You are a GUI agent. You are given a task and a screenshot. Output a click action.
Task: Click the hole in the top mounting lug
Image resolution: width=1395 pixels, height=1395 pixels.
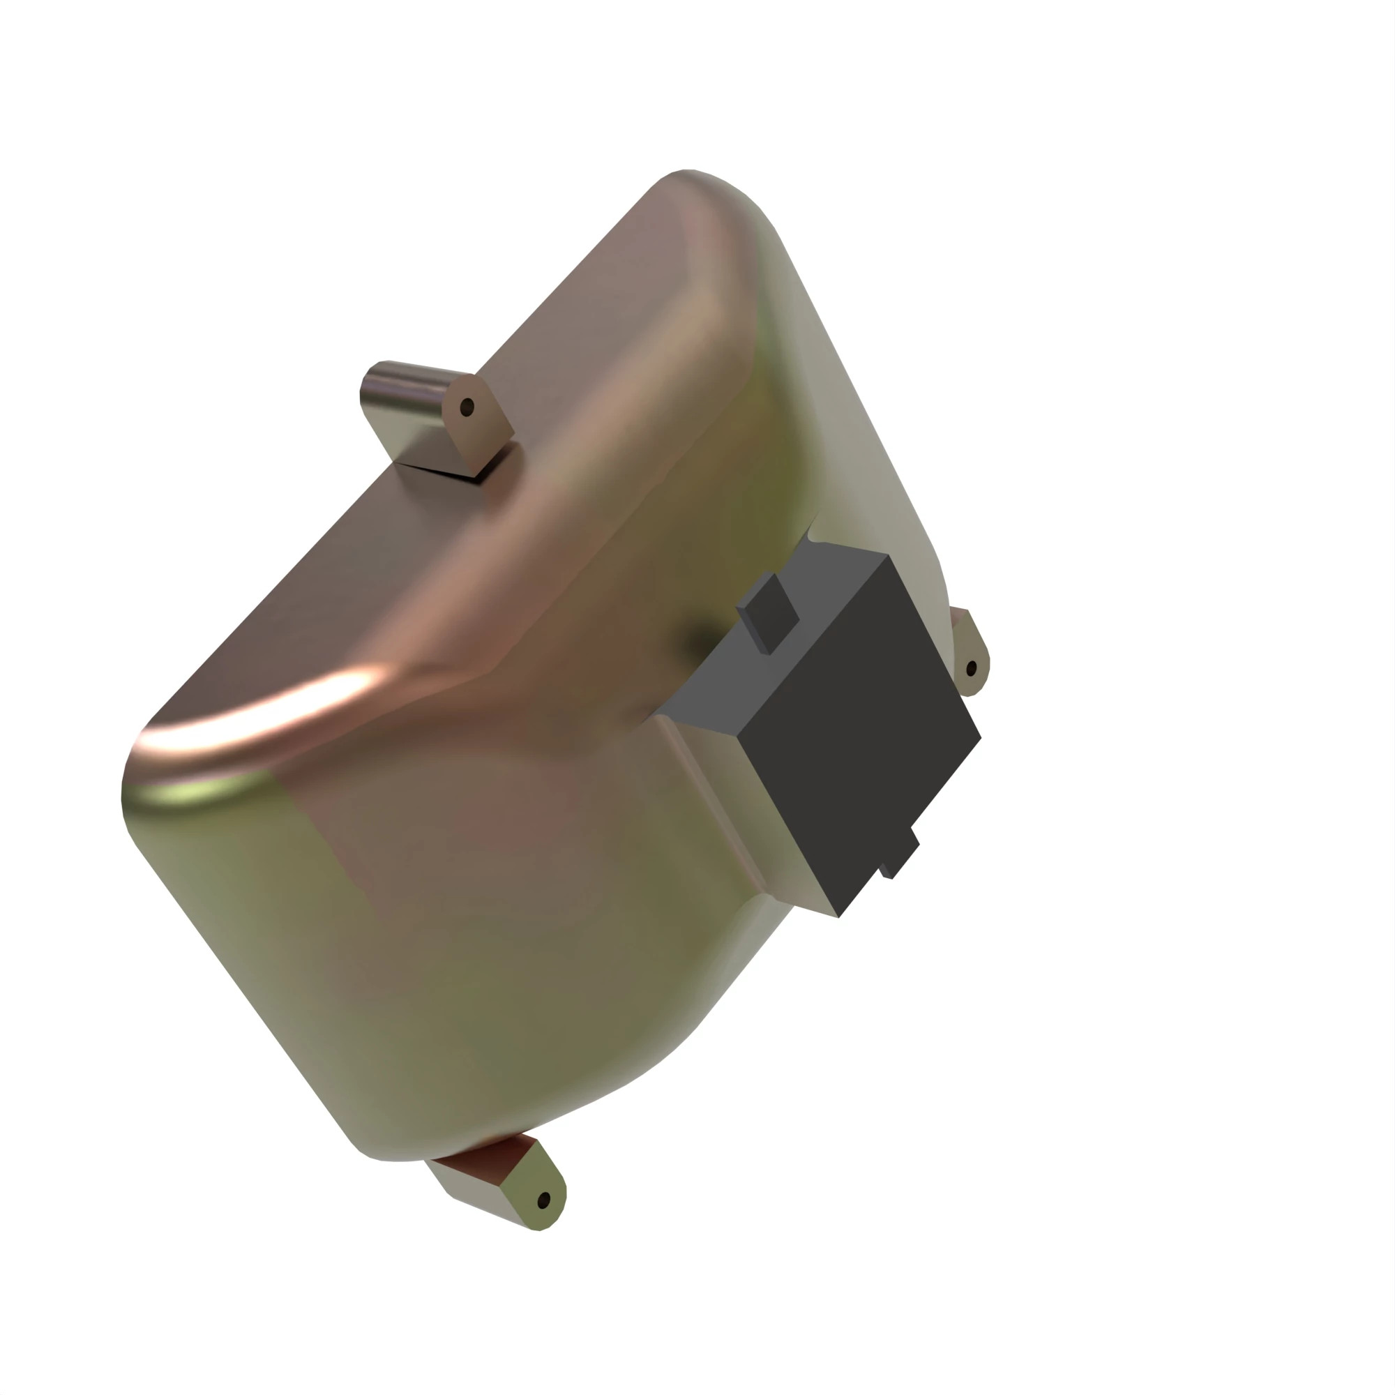tap(467, 407)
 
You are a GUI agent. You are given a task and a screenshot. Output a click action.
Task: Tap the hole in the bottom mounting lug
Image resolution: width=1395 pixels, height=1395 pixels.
tap(544, 1200)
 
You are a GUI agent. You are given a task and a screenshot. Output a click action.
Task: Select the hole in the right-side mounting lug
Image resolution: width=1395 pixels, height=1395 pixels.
tap(971, 668)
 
